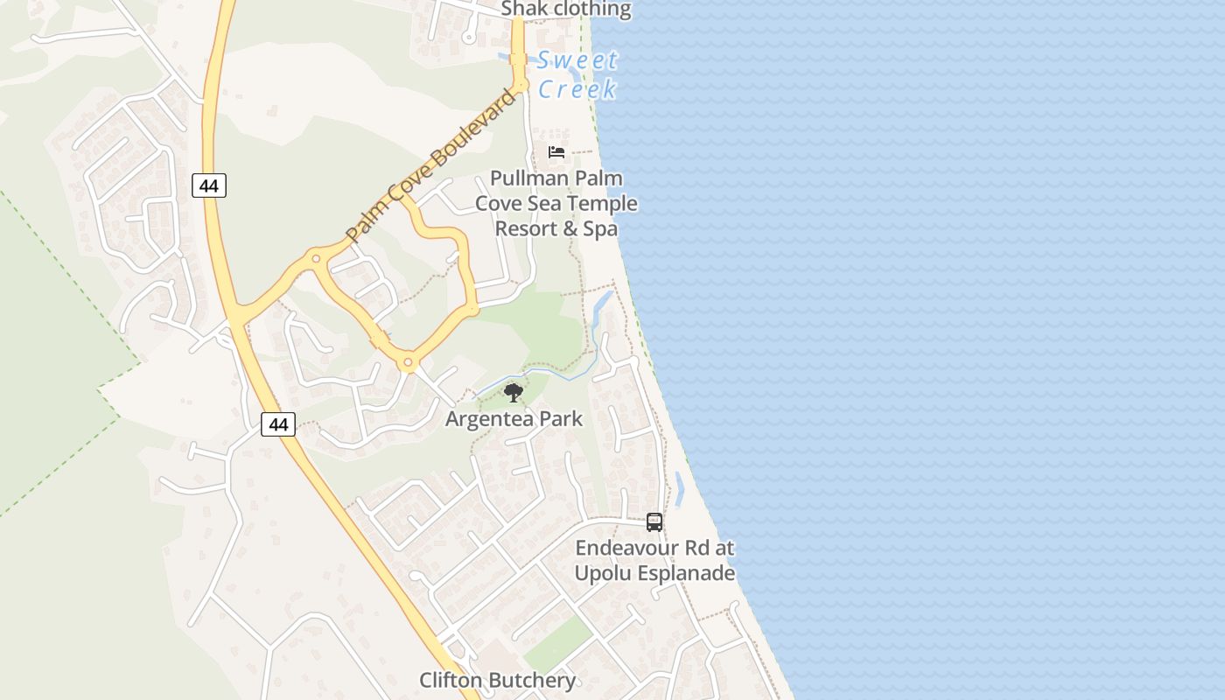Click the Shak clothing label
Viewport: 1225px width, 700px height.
(x=565, y=10)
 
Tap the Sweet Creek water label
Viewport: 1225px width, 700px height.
(x=577, y=74)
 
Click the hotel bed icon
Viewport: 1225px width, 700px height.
(x=556, y=152)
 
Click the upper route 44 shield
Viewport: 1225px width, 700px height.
(x=209, y=185)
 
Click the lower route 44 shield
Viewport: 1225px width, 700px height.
(x=278, y=424)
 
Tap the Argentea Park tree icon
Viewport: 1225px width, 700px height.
(x=514, y=392)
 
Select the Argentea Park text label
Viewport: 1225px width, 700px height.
(x=514, y=418)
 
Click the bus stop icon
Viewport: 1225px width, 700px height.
(x=654, y=522)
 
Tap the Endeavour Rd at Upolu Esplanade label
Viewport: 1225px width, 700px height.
(x=654, y=561)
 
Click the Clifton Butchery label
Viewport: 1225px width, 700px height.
(x=497, y=680)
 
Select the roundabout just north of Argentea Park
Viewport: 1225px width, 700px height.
(x=407, y=361)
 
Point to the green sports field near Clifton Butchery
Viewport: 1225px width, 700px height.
(x=558, y=646)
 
